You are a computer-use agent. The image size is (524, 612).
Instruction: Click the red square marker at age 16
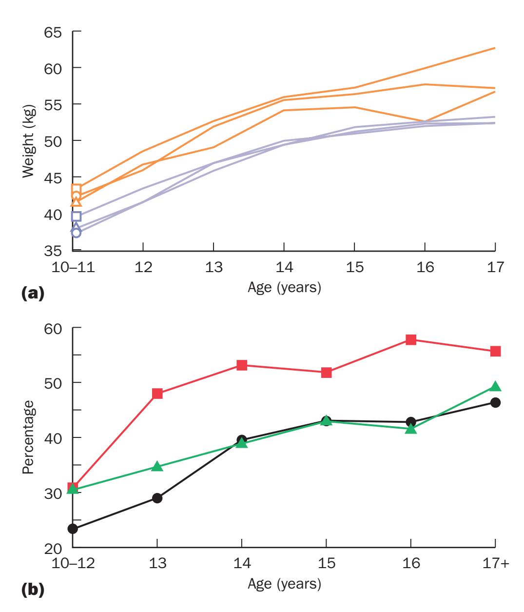click(x=410, y=339)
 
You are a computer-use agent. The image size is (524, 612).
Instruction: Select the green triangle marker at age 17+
click(x=495, y=387)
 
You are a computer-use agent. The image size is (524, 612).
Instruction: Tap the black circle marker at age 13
click(x=157, y=498)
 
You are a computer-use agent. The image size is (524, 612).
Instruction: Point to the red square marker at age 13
click(x=157, y=394)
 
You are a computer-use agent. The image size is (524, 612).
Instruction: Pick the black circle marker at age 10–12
click(x=73, y=529)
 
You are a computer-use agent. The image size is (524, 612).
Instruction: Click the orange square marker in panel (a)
click(x=76, y=189)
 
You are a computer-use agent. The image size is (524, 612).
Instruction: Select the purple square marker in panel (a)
click(x=76, y=216)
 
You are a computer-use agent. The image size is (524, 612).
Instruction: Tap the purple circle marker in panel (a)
click(x=76, y=233)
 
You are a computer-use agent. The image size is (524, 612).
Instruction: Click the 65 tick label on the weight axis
click(x=54, y=33)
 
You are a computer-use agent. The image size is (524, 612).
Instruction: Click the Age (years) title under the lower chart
click(x=284, y=583)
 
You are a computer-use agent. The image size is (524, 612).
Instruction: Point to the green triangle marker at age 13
click(x=157, y=467)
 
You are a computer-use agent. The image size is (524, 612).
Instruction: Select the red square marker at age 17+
click(x=495, y=351)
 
